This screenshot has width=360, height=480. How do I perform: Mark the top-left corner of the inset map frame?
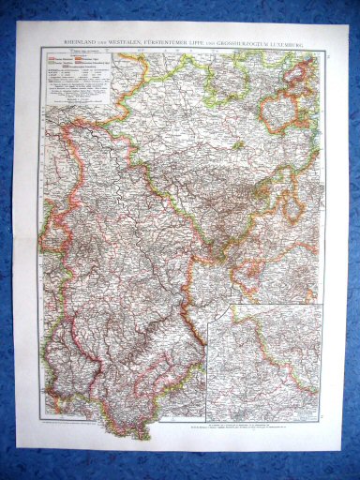pyautogui.click(x=234, y=305)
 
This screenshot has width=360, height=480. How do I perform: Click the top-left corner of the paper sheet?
pyautogui.click(x=18, y=22)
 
